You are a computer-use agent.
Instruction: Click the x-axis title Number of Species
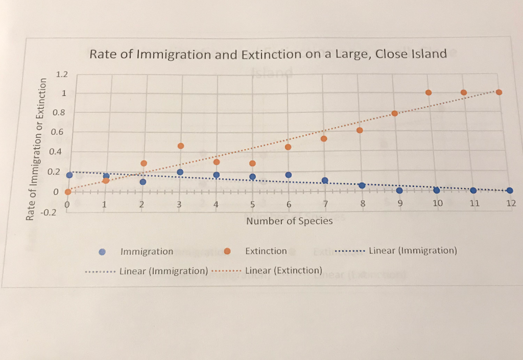[x=289, y=221]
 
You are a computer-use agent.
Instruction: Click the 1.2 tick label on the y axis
[x=61, y=75]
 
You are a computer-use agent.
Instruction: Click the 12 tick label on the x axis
[x=511, y=203]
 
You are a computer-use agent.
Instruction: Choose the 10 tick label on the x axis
[x=438, y=203]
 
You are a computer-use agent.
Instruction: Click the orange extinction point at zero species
[x=68, y=192]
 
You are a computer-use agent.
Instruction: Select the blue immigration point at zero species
[x=69, y=175]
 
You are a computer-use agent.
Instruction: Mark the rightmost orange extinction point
[x=499, y=92]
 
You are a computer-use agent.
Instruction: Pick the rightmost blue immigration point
[x=509, y=190]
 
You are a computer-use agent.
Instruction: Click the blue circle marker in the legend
[x=102, y=251]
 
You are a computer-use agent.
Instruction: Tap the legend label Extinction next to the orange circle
[x=266, y=251]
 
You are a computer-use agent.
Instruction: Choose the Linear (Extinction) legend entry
[x=283, y=270]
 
